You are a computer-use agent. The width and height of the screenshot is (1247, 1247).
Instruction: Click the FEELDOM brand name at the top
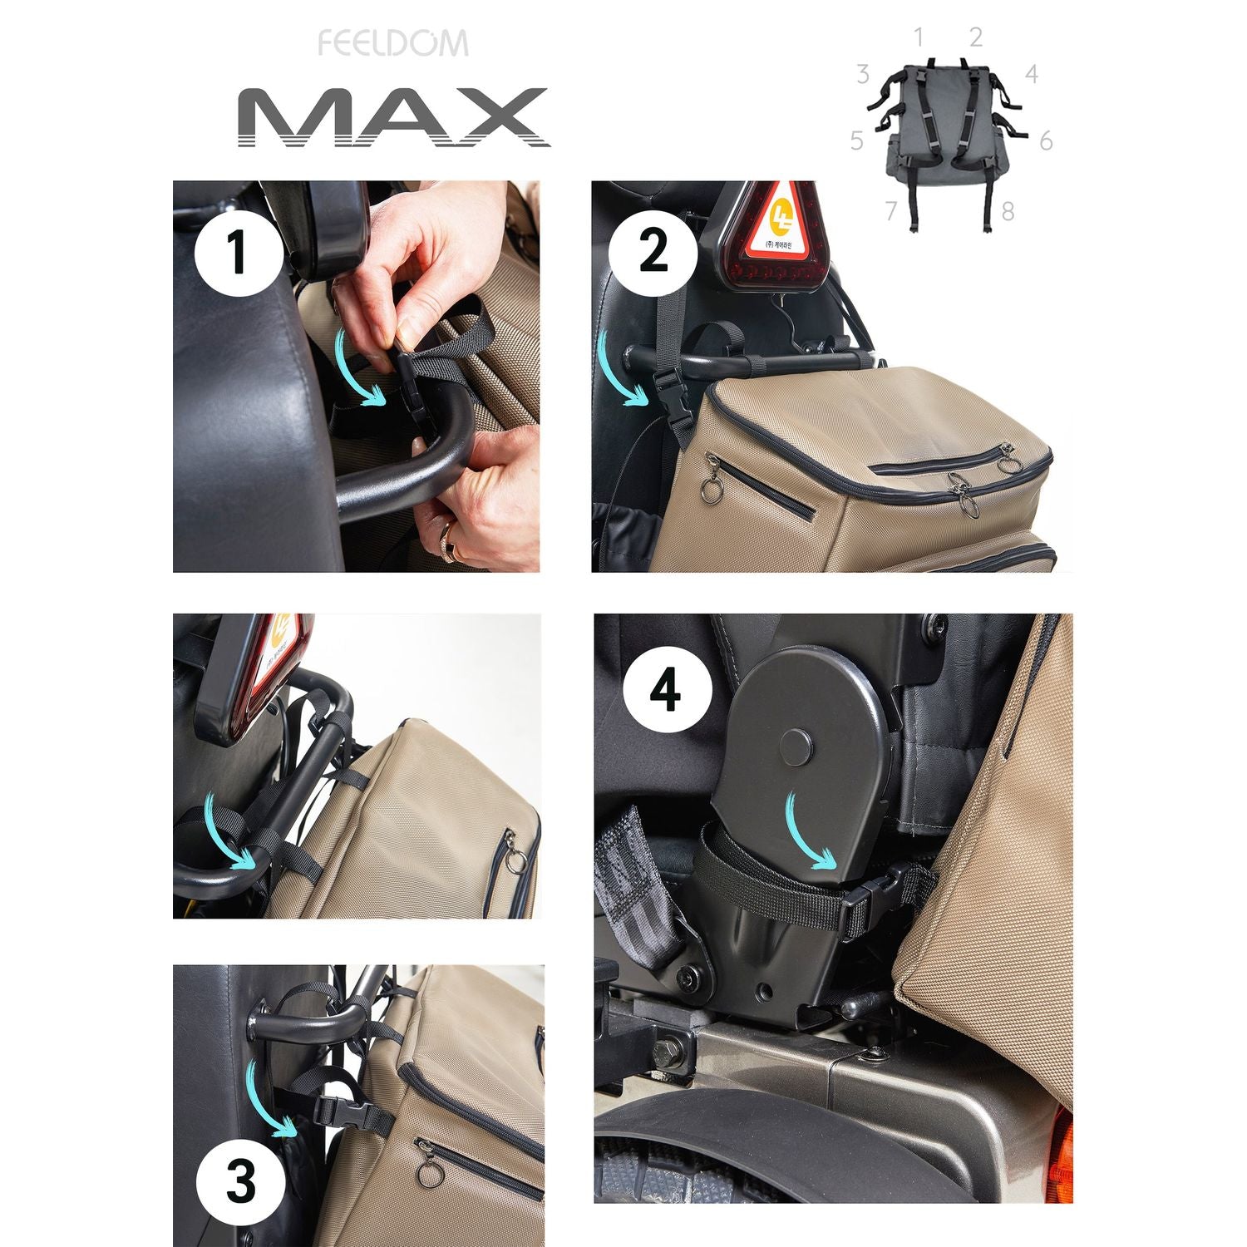[393, 43]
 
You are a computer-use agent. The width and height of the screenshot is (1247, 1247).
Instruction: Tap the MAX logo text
[393, 117]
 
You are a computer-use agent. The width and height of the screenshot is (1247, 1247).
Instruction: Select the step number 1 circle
[237, 253]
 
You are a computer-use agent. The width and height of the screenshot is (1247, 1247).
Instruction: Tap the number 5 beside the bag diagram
[857, 141]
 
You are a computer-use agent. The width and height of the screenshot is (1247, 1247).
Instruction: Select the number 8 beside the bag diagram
[1008, 212]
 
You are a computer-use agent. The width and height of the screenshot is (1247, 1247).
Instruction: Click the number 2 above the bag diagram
[976, 37]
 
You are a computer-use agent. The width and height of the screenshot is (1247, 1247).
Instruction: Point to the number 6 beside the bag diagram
[1046, 141]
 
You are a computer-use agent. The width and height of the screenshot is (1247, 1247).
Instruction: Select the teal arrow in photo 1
[363, 370]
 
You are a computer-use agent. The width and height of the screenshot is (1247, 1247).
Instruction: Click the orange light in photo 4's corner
[1062, 1147]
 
